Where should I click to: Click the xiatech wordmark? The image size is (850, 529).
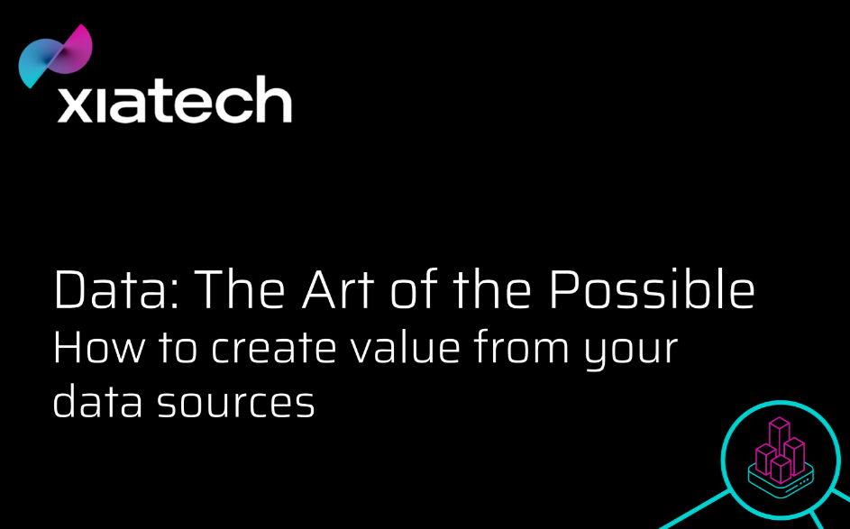coord(175,99)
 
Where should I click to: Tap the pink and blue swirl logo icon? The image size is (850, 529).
coord(55,56)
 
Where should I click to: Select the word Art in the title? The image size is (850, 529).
coord(338,289)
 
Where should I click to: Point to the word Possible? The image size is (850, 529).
coord(652,289)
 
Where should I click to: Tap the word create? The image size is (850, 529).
coord(274,349)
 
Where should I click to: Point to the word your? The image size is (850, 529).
coord(631,352)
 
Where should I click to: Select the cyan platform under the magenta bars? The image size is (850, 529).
coord(781,480)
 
